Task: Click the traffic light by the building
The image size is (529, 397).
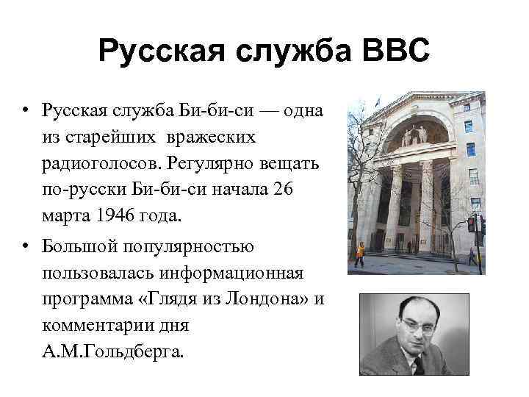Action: pyautogui.click(x=471, y=224)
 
